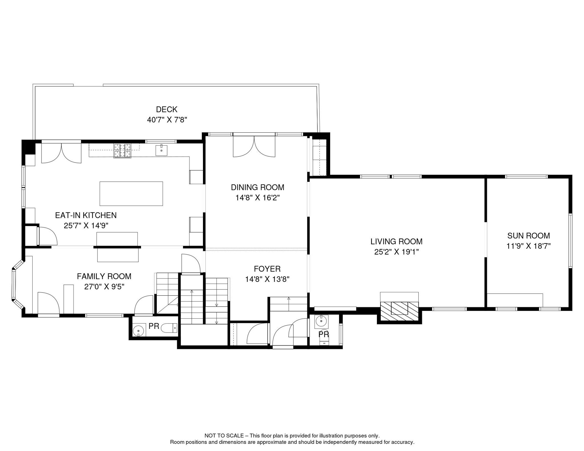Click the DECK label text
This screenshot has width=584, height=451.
167,110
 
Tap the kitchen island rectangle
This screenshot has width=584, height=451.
131,193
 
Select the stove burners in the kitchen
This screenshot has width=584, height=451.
122,151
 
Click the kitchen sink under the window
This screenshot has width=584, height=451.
161,150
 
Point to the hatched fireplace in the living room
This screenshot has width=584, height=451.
399,311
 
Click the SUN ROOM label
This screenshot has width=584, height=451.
528,235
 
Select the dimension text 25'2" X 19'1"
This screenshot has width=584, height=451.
396,252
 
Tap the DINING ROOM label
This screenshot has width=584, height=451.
257,187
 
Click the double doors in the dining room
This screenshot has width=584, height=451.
254,146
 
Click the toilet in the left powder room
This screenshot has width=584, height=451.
170,328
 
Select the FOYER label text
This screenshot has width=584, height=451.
267,269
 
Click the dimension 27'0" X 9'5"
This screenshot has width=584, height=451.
104,287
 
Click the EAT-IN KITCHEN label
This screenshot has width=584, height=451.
86,215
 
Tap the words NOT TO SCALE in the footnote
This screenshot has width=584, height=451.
224,436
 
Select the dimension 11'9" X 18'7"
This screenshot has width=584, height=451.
528,246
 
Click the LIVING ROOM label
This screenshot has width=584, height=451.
396,241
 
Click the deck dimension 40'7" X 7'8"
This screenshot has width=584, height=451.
167,120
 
